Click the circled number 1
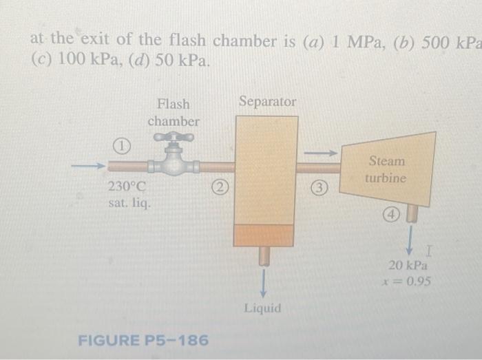(x=121, y=147)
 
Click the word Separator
(x=267, y=102)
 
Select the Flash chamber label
(x=174, y=113)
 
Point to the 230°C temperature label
(x=127, y=187)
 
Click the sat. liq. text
(x=129, y=204)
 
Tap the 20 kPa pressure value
(x=408, y=265)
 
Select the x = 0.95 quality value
(x=408, y=281)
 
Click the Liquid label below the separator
(x=262, y=308)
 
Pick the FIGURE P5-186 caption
(x=143, y=341)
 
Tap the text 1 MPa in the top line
(x=348, y=41)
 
